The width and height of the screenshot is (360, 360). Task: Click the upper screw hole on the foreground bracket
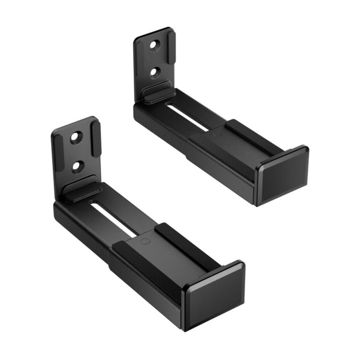(x=75, y=137)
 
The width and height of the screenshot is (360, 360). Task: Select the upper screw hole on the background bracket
(x=154, y=46)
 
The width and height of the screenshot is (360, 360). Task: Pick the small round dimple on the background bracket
(x=217, y=134)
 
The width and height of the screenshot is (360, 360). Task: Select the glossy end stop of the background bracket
(x=283, y=175)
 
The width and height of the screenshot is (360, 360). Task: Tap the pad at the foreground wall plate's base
(x=81, y=188)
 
